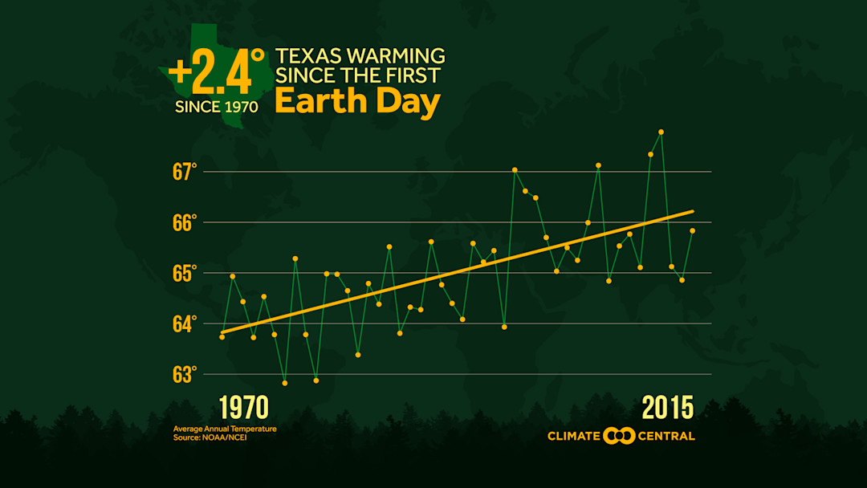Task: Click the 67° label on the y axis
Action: click(183, 172)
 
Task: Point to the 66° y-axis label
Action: click(183, 222)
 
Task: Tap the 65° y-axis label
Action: click(183, 273)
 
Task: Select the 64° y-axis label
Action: click(183, 324)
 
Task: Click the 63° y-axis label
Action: click(183, 375)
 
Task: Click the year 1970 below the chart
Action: click(243, 408)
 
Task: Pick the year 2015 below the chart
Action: click(667, 408)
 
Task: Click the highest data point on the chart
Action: click(661, 132)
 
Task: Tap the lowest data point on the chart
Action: click(284, 383)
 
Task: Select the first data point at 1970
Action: click(222, 337)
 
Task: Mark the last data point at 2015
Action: click(692, 230)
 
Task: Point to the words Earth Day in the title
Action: click(357, 103)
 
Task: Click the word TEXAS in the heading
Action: click(307, 57)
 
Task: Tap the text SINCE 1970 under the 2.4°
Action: click(217, 107)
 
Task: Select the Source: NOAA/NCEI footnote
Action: click(210, 437)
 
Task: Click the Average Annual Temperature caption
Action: click(225, 429)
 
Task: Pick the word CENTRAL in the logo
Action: click(667, 437)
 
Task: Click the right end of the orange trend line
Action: click(692, 211)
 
